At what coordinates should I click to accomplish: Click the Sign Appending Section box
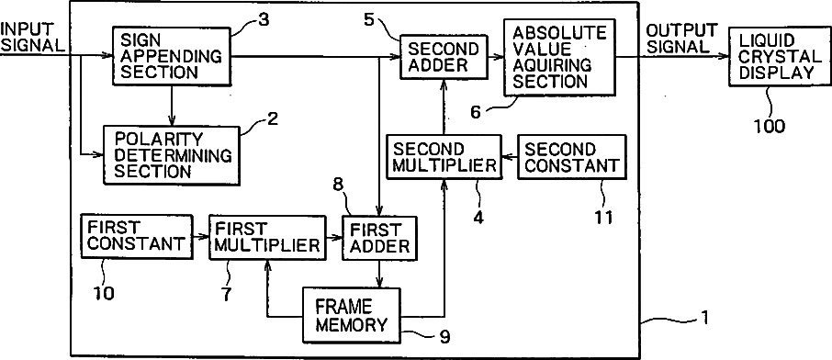tap(172, 55)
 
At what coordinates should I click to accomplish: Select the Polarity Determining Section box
tap(172, 155)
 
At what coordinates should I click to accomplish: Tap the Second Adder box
tap(444, 57)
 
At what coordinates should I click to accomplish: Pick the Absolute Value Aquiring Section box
tap(559, 57)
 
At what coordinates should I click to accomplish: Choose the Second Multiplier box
tap(444, 157)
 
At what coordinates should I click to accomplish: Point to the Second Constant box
tap(571, 157)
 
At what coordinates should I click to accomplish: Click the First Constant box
tap(136, 236)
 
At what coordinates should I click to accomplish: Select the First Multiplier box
tap(267, 237)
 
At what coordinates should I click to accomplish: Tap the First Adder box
tap(379, 237)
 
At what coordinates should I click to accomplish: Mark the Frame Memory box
tap(352, 315)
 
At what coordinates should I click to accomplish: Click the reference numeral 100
tap(769, 126)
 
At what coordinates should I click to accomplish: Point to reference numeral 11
tap(602, 217)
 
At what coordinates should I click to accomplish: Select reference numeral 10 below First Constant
tap(104, 293)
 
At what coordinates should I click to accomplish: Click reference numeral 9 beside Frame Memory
tap(444, 337)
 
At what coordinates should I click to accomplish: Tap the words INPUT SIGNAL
tap(32, 37)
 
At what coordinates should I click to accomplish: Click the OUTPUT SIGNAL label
tap(681, 38)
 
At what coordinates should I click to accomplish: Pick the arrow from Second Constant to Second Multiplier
tap(510, 157)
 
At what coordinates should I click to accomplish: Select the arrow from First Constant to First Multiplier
tap(200, 237)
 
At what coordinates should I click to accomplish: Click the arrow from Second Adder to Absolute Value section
tap(496, 56)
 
